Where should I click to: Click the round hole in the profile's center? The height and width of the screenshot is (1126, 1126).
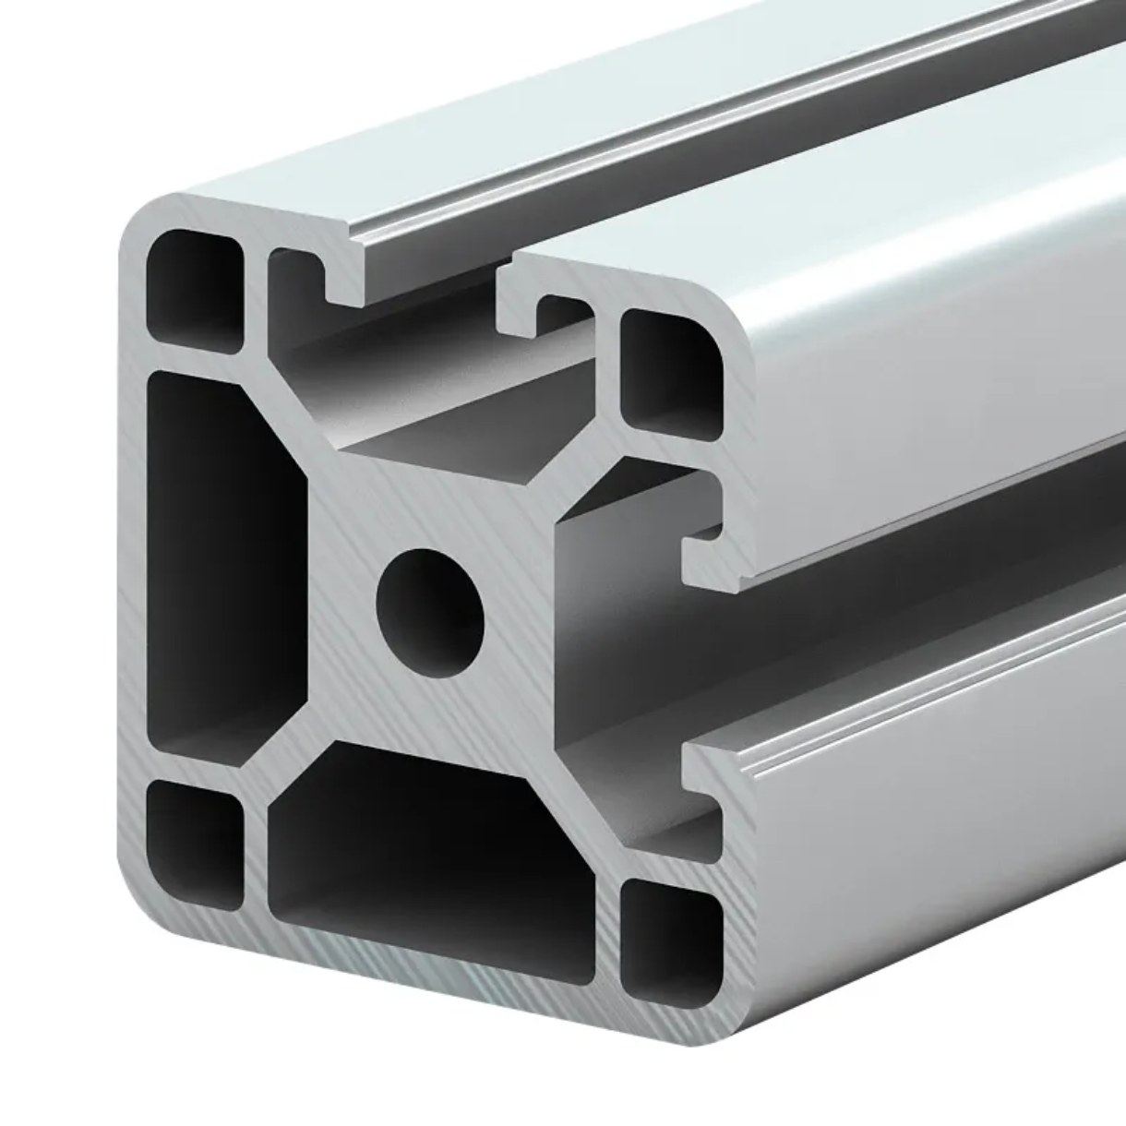(x=430, y=612)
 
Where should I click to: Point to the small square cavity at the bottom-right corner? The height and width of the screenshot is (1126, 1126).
(x=670, y=941)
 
